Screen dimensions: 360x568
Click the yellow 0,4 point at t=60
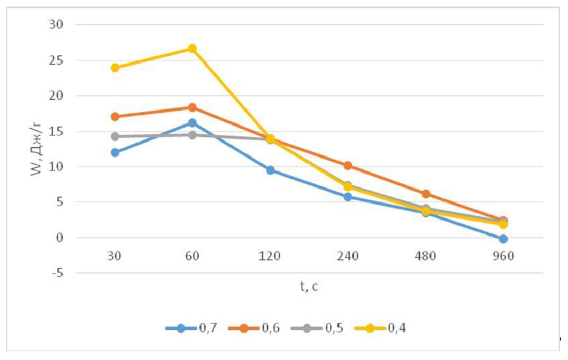pyautogui.click(x=192, y=49)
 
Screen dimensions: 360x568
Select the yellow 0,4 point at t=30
pyautogui.click(x=115, y=68)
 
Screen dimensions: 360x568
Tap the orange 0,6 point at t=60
pyautogui.click(x=192, y=107)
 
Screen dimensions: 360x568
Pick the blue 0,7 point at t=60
pyautogui.click(x=192, y=123)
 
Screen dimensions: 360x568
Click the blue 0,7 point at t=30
pyautogui.click(x=115, y=152)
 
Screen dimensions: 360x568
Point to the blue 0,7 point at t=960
pyautogui.click(x=503, y=239)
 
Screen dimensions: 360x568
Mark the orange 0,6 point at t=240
pyautogui.click(x=348, y=166)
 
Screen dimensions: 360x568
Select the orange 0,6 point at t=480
pyautogui.click(x=425, y=194)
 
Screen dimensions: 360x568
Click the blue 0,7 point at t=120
pyautogui.click(x=270, y=170)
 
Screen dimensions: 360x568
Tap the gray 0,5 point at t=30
pyautogui.click(x=115, y=136)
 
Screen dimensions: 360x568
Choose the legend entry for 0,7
pyautogui.click(x=191, y=327)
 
